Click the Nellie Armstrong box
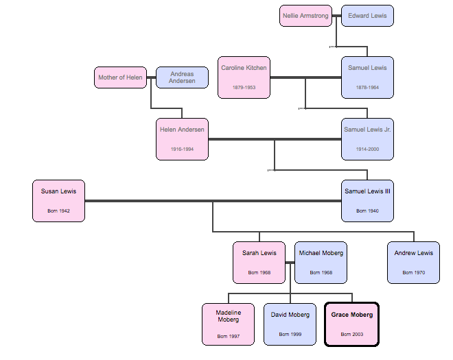305,16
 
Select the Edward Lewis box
367,16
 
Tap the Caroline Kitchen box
244,77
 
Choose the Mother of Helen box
120,77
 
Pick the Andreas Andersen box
182,77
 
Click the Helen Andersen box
182,139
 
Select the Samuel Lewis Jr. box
367,139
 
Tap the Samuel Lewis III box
367,200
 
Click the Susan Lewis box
58,200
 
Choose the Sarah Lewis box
259,262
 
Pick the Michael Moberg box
321,262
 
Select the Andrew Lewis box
413,262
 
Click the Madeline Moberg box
228,324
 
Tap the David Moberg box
290,324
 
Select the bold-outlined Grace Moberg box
351,324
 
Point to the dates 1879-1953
244,87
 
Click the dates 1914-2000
367,149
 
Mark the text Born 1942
58,211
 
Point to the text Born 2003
351,334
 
